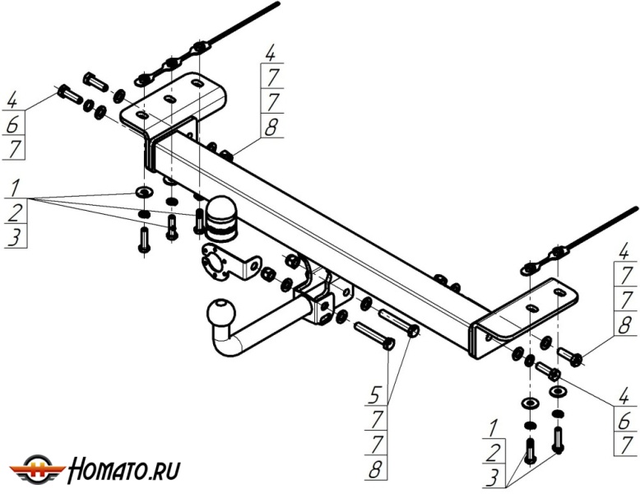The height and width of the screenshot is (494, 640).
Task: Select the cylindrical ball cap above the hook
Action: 220,217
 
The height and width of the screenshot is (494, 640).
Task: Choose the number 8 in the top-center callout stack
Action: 271,127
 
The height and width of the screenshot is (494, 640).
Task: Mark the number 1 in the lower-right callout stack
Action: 493,429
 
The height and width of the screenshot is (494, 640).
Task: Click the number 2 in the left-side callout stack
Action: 14,213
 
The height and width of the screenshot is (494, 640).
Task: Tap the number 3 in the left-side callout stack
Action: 14,239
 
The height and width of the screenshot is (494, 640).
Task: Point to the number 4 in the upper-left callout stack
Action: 12,101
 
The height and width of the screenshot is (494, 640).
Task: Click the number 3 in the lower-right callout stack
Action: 493,478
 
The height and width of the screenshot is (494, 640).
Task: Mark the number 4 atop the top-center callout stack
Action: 271,54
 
